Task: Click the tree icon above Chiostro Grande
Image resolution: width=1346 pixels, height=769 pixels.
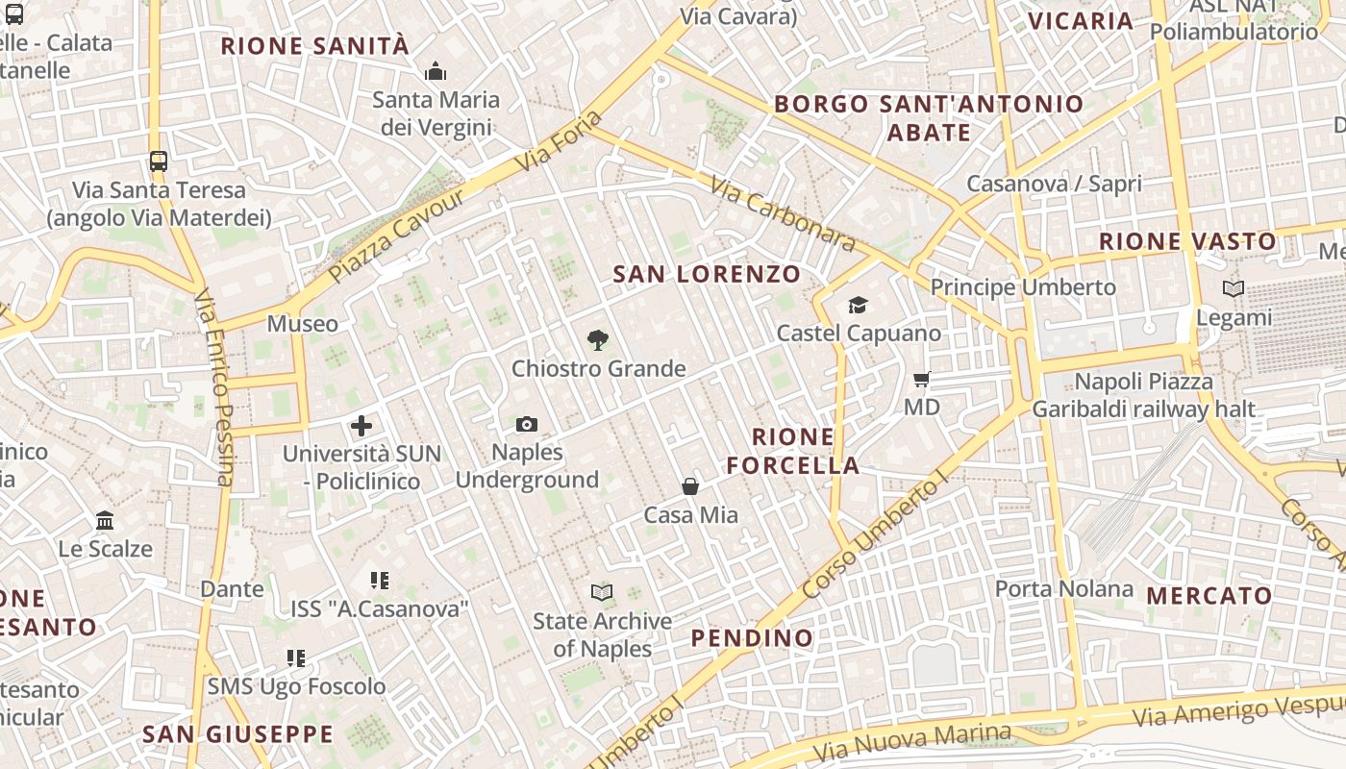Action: pyautogui.click(x=598, y=339)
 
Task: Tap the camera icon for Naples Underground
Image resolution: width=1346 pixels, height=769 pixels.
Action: pyautogui.click(x=526, y=424)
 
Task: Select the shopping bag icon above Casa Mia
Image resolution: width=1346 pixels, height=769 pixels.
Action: pyautogui.click(x=690, y=486)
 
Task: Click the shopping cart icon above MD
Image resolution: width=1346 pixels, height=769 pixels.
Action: pyautogui.click(x=922, y=380)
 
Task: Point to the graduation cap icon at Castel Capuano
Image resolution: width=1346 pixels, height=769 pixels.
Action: pyautogui.click(x=858, y=306)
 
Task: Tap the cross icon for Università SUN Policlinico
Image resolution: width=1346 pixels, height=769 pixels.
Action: pyautogui.click(x=361, y=425)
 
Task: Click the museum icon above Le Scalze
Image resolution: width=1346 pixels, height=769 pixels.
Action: pyautogui.click(x=105, y=521)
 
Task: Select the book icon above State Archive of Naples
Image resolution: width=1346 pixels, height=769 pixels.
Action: pyautogui.click(x=602, y=592)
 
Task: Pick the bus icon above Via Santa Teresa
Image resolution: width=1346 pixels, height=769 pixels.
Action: pyautogui.click(x=159, y=161)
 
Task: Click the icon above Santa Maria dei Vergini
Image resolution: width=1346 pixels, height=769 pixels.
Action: pyautogui.click(x=436, y=72)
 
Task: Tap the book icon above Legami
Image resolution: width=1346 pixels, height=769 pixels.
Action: pyautogui.click(x=1234, y=288)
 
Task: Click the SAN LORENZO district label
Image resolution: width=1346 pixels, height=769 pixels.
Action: pyautogui.click(x=707, y=274)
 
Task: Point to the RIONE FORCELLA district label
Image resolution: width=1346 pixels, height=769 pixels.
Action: pyautogui.click(x=793, y=452)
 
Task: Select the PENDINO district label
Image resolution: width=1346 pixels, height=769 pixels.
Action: pyautogui.click(x=752, y=637)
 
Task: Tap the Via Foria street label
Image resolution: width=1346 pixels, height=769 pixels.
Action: pyautogui.click(x=560, y=142)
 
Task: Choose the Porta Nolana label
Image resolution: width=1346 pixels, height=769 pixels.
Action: pyautogui.click(x=1063, y=588)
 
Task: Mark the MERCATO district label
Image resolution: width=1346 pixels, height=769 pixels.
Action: pyautogui.click(x=1209, y=596)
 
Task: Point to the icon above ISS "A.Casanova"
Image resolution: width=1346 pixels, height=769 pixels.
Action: pyautogui.click(x=380, y=581)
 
